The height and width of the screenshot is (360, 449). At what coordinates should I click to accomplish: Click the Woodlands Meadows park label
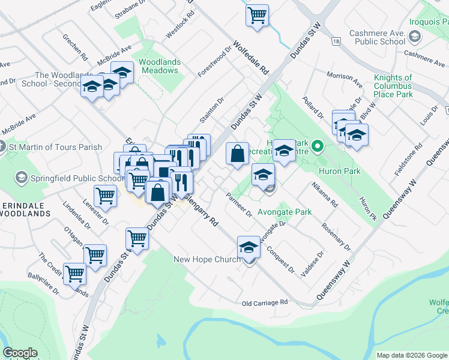158,66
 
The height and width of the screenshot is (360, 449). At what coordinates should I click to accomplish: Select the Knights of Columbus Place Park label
393,86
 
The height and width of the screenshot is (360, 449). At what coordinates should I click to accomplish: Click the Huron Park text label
340,171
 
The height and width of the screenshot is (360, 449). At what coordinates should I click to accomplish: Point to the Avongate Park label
285,212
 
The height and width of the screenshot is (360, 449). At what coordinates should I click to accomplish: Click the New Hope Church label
206,259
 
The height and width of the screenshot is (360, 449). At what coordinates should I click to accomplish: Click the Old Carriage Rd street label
265,303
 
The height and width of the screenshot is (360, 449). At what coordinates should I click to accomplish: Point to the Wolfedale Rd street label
251,58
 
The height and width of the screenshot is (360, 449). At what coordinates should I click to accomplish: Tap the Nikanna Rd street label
325,195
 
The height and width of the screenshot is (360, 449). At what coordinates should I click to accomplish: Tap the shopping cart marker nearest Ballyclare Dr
74,274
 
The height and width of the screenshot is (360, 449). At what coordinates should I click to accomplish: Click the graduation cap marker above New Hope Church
249,246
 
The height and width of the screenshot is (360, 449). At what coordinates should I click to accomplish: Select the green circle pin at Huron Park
319,146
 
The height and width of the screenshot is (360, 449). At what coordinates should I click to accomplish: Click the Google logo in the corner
20,353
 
